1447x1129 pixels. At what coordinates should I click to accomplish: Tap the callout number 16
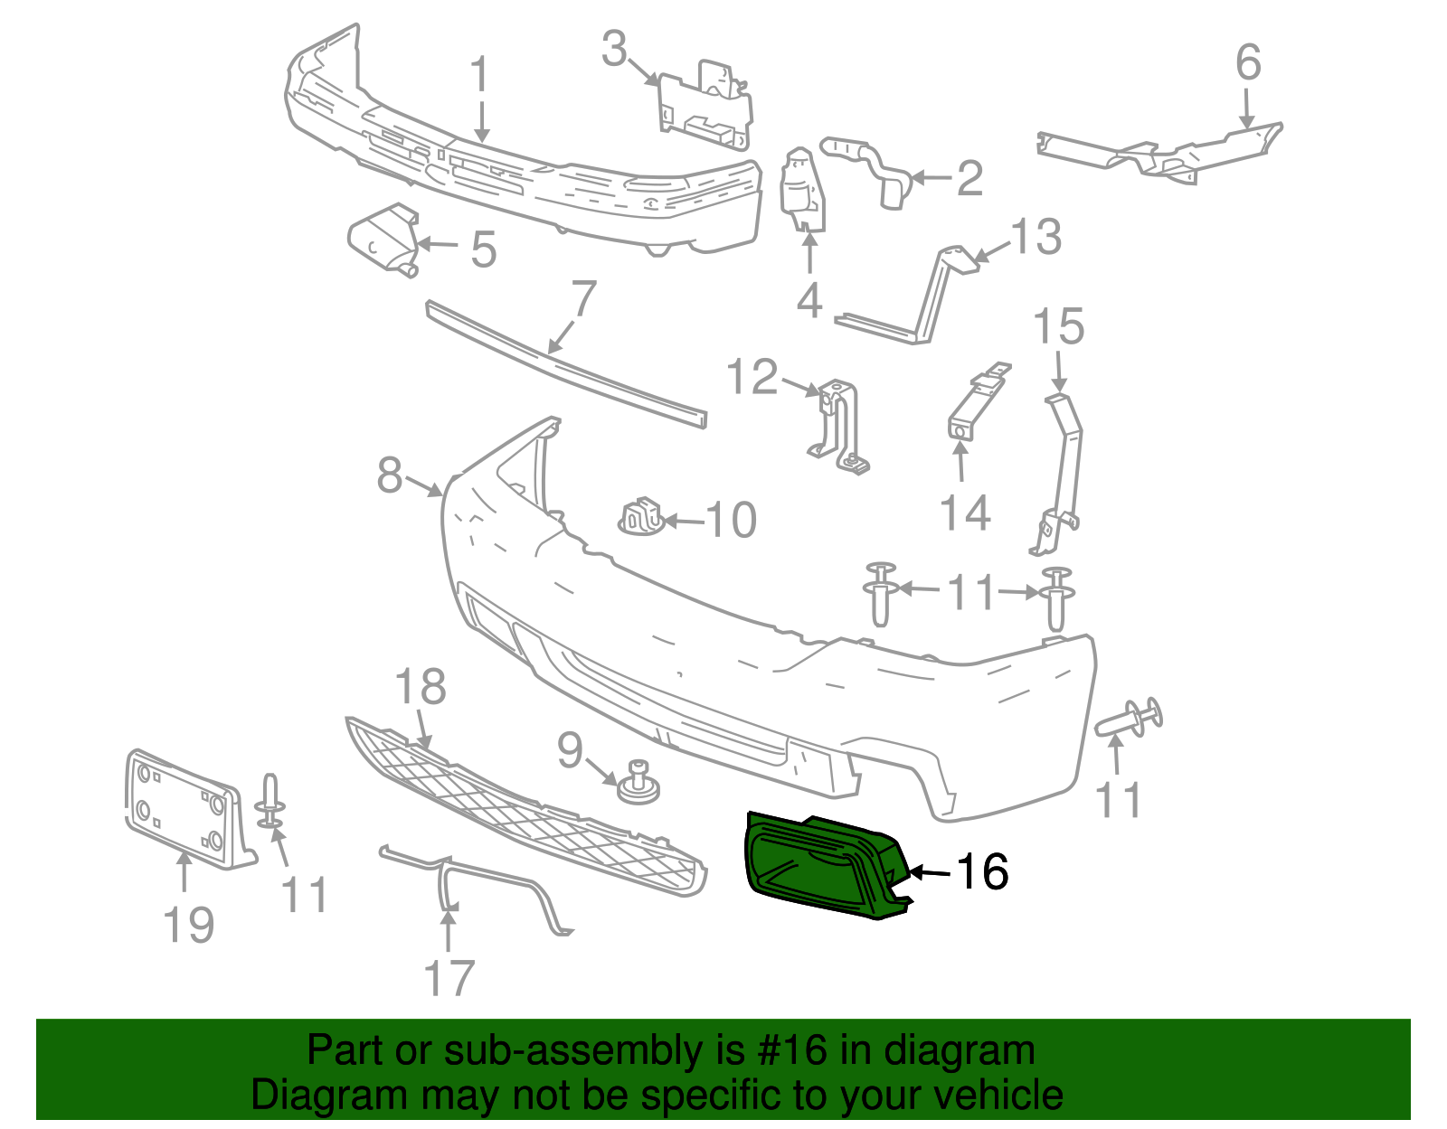click(982, 872)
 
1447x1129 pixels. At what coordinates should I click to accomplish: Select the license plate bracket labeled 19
click(185, 809)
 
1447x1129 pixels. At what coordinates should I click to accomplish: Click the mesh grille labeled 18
click(525, 804)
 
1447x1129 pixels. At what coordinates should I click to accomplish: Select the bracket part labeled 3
click(705, 104)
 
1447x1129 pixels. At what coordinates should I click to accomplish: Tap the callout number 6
click(1248, 62)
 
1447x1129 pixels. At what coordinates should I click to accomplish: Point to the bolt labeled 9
click(638, 782)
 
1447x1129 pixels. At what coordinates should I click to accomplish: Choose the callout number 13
click(1036, 237)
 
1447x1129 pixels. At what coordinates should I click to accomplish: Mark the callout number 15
click(1058, 327)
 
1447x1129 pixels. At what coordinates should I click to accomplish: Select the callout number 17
click(449, 978)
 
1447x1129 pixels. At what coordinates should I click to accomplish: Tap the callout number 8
click(390, 475)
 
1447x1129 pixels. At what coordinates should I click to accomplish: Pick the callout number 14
click(965, 513)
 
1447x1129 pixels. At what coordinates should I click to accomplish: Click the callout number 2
click(969, 178)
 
